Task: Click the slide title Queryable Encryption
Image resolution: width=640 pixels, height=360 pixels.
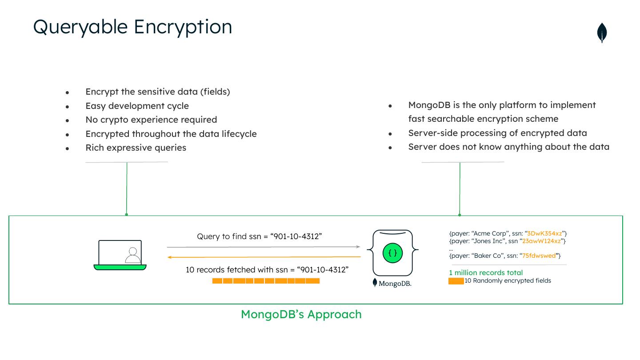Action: pyautogui.click(x=132, y=27)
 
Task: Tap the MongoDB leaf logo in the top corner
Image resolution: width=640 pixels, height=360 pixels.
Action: pyautogui.click(x=602, y=33)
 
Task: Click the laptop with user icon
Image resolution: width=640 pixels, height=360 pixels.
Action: pyautogui.click(x=120, y=255)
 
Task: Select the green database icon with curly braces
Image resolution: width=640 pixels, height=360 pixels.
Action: pyautogui.click(x=393, y=253)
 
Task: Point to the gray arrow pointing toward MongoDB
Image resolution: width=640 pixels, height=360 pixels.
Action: pyautogui.click(x=263, y=247)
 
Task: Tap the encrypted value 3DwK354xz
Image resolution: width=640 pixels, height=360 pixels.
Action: pyautogui.click(x=544, y=233)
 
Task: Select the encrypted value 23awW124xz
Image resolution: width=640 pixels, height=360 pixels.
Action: pyautogui.click(x=543, y=241)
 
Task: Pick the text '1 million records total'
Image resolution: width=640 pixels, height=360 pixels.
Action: pyautogui.click(x=486, y=272)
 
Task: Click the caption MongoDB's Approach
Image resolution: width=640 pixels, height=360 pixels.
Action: pyautogui.click(x=301, y=314)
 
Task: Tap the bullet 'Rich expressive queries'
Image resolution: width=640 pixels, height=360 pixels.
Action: pyautogui.click(x=136, y=148)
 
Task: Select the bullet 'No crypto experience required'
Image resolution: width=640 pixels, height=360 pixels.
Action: pyautogui.click(x=151, y=120)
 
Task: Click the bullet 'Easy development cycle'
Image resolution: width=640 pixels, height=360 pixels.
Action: pyautogui.click(x=137, y=106)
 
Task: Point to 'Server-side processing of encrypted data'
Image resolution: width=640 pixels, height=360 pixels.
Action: pyautogui.click(x=497, y=133)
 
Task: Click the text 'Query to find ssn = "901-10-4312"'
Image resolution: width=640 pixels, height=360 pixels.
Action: pyautogui.click(x=259, y=236)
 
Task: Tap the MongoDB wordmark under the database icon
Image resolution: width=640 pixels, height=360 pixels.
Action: pyautogui.click(x=392, y=283)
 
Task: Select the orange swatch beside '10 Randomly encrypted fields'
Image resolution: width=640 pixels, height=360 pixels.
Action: pyautogui.click(x=456, y=281)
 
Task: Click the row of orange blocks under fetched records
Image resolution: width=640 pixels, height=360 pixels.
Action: pyautogui.click(x=266, y=281)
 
